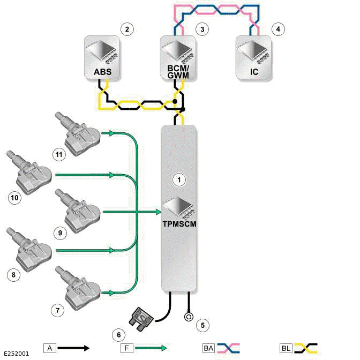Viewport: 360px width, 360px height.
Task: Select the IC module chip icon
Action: [x=252, y=50]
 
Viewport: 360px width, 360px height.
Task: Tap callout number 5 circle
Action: [x=201, y=324]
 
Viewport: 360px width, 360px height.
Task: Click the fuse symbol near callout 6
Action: [x=143, y=317]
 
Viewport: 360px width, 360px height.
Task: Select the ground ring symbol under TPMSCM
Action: [x=188, y=316]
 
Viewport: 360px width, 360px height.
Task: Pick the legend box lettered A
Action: [x=50, y=348]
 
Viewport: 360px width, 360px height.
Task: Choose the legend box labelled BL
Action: [x=286, y=348]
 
